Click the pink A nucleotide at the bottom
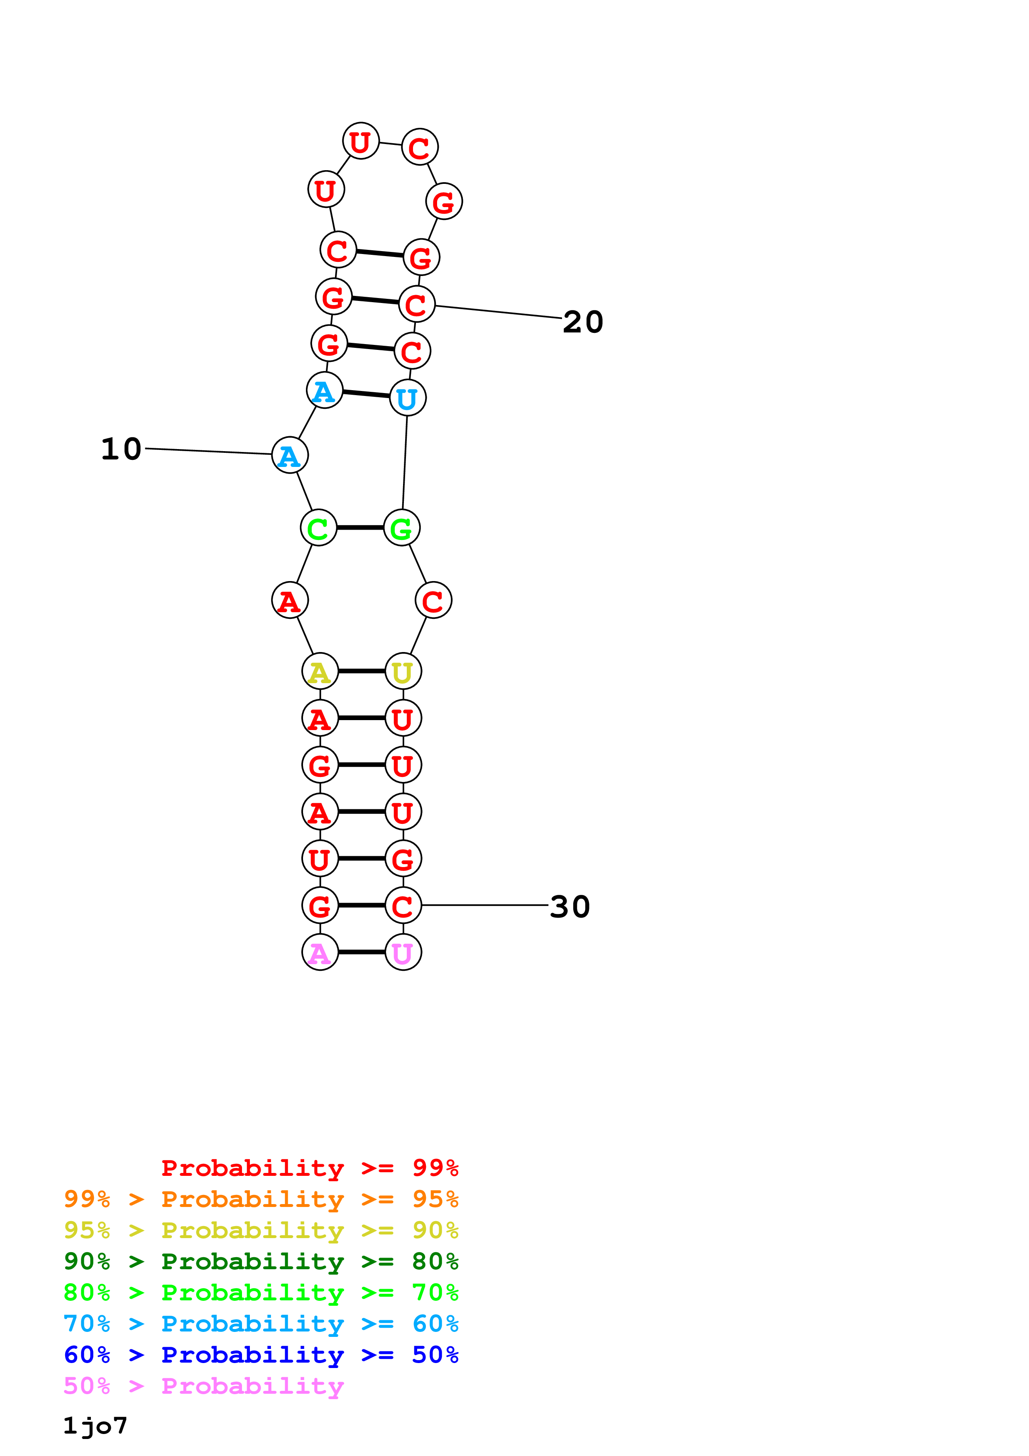(320, 953)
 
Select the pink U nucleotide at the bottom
(403, 953)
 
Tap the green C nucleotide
(318, 528)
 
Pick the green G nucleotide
(402, 528)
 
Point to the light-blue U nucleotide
(408, 398)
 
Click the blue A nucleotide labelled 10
(290, 455)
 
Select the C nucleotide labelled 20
(417, 304)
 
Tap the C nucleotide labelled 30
(403, 906)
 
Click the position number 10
(121, 449)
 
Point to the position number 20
(583, 322)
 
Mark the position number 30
(570, 906)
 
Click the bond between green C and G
(360, 528)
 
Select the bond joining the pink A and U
(362, 953)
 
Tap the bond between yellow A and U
(362, 671)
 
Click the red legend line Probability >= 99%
(309, 1168)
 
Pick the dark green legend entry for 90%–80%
(261, 1261)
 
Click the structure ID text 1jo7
(95, 1426)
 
